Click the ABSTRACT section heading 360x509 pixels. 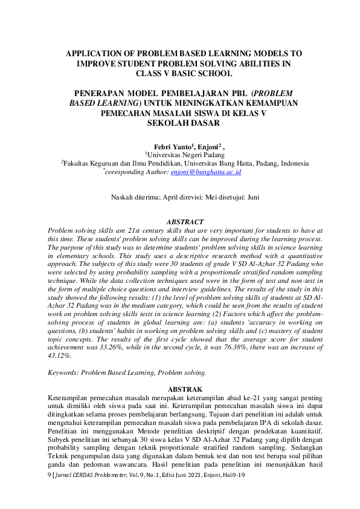pos(185,222)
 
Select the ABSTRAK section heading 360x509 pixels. pos(185,389)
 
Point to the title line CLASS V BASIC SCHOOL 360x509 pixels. pos(184,74)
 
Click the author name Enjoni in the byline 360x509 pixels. pos(208,146)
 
